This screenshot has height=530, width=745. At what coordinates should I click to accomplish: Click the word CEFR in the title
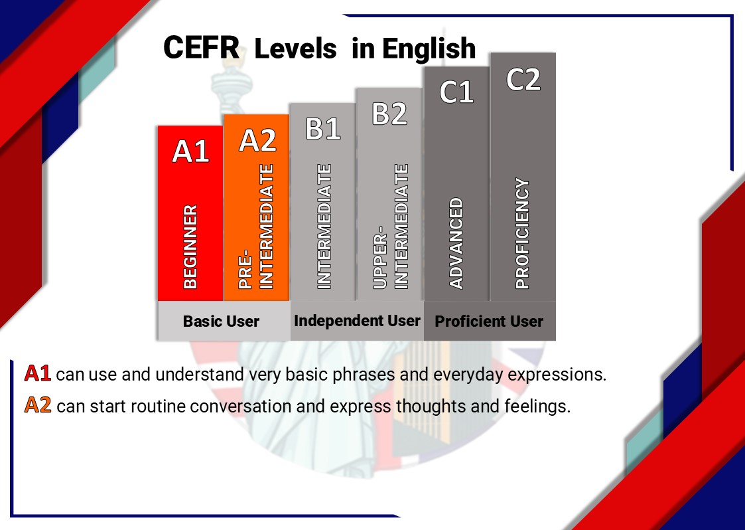tap(202, 48)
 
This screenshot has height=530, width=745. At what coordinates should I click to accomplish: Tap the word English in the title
tap(429, 48)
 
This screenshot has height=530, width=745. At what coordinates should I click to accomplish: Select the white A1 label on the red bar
tap(190, 151)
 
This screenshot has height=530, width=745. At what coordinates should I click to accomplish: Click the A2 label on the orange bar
tap(257, 140)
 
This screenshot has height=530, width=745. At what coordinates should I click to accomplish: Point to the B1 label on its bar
tap(323, 128)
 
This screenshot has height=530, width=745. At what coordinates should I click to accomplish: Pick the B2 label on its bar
tap(389, 113)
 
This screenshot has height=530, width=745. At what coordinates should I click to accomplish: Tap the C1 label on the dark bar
tap(456, 92)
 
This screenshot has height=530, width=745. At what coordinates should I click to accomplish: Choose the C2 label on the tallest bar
tap(523, 79)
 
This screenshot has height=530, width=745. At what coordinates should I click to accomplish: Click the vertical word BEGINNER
tap(190, 247)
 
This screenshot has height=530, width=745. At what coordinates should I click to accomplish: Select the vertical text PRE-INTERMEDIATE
tap(256, 226)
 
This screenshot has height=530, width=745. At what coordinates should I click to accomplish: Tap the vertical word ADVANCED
tap(456, 243)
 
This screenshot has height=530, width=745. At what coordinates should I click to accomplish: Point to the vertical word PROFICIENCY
tap(522, 233)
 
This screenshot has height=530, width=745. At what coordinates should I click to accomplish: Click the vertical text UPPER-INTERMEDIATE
tap(391, 226)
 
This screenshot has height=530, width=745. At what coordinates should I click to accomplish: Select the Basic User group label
tap(221, 321)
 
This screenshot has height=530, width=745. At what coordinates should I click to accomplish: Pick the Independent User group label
tap(357, 321)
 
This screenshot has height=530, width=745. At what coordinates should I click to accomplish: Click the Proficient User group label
tap(489, 321)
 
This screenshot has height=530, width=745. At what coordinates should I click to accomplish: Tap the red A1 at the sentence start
tap(38, 373)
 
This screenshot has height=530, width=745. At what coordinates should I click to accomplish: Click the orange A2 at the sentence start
tap(38, 405)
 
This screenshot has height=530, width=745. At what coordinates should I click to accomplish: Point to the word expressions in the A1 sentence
tap(557, 375)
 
